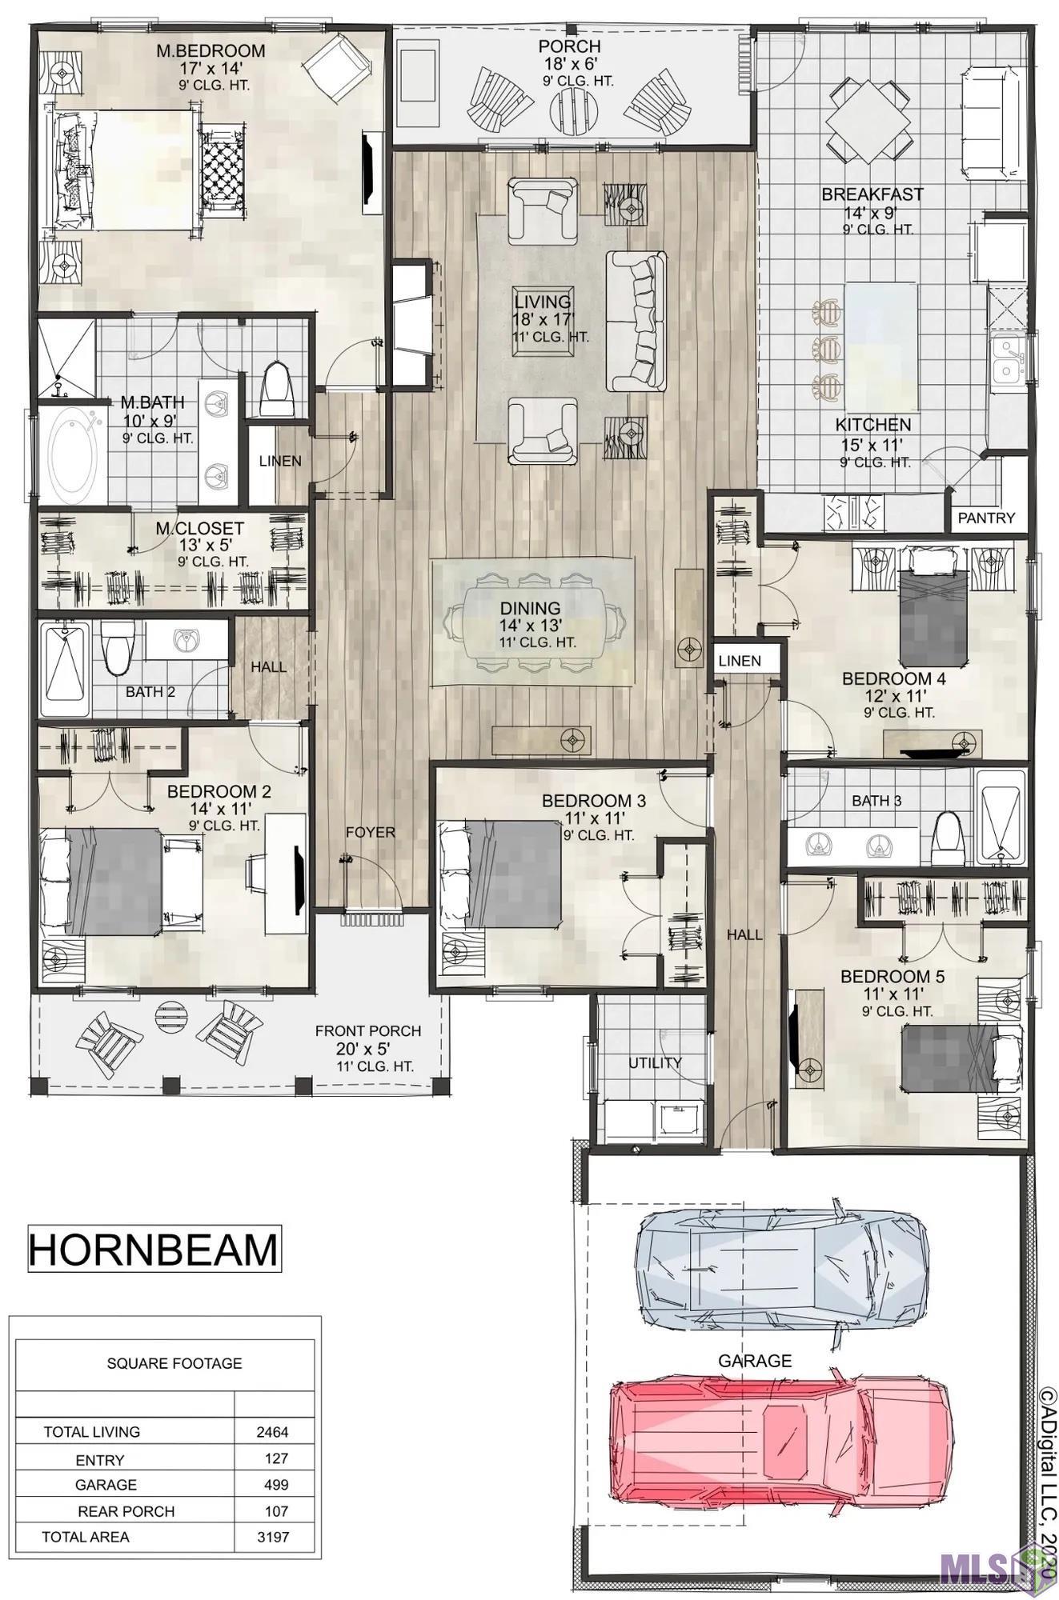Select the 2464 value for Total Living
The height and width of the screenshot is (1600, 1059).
[272, 1432]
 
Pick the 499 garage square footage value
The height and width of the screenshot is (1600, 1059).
[276, 1485]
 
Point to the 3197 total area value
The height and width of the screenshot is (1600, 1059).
[273, 1537]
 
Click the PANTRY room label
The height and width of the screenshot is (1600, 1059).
[986, 518]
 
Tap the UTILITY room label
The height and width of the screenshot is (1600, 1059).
[655, 1062]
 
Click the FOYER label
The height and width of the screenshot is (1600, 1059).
[371, 832]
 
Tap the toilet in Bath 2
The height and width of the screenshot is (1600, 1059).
[117, 646]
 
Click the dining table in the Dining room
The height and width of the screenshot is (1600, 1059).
[531, 621]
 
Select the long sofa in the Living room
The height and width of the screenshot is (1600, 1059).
[636, 321]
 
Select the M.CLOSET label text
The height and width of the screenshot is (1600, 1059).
[199, 529]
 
